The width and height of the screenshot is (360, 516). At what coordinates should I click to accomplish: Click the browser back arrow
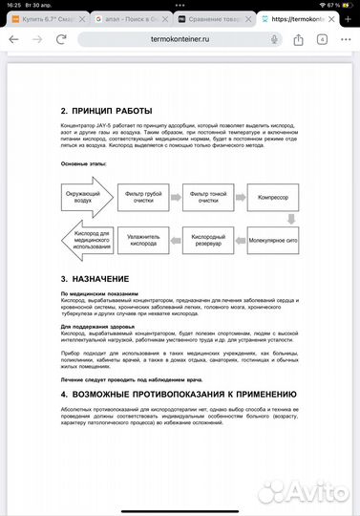(15, 38)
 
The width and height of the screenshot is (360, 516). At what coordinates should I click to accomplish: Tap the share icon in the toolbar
(299, 38)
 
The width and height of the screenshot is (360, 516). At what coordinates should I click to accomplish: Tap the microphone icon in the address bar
(274, 38)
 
